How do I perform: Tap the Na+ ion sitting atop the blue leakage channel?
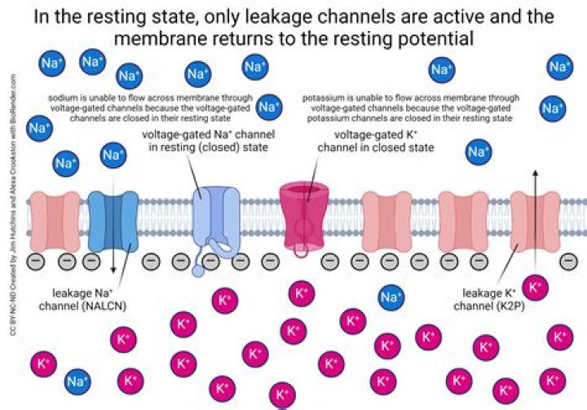(x=113, y=156)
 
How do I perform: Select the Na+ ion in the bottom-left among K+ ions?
(x=77, y=381)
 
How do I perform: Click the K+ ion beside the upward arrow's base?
(x=535, y=287)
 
